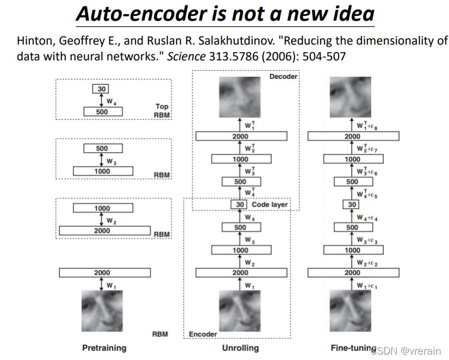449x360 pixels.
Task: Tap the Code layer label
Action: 270,204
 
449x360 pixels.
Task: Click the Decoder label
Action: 283,77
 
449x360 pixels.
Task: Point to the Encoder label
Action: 203,334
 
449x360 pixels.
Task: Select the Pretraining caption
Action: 104,347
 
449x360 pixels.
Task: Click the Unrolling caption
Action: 240,347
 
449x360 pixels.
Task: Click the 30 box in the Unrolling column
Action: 240,204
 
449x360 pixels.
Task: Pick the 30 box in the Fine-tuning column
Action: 352,204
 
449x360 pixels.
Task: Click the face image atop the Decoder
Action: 240,98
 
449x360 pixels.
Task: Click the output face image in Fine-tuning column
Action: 352,98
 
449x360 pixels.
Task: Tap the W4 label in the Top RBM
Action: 111,101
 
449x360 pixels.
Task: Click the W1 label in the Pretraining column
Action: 111,284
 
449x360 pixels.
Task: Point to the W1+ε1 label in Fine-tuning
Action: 367,285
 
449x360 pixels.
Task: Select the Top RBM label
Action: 162,111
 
